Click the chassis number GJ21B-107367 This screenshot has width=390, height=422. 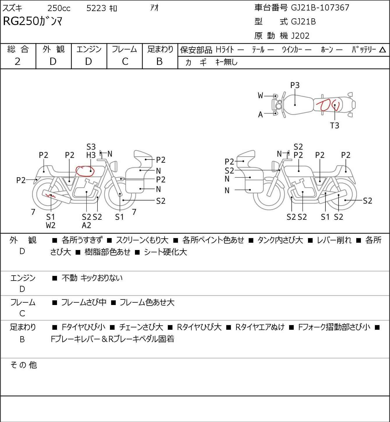320,8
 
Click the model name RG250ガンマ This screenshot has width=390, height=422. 33,22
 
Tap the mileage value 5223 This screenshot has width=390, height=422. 96,8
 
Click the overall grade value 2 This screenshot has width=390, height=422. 18,61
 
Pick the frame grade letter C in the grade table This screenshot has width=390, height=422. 125,61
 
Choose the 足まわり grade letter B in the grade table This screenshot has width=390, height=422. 159,61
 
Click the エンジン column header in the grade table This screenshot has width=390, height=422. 89,49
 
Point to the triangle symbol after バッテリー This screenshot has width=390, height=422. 383,50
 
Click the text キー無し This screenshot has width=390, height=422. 227,62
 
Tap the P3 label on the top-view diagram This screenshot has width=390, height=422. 295,85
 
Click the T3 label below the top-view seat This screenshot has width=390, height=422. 335,125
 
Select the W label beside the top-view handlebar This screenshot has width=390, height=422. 260,95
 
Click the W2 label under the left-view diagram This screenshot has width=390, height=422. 51,225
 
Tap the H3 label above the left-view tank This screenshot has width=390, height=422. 91,155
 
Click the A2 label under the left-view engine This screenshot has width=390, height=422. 86,225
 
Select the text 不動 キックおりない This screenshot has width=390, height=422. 92,278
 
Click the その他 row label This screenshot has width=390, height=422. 23,365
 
